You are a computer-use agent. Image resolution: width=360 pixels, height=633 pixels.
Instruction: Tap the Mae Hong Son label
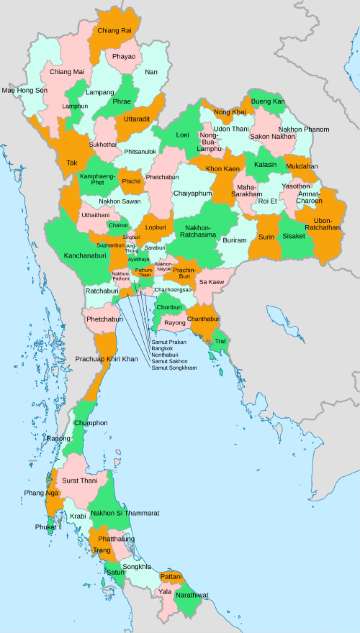(x=24, y=91)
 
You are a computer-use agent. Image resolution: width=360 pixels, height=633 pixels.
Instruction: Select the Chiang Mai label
(x=66, y=72)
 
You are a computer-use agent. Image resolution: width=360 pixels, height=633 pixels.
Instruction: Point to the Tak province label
(x=71, y=162)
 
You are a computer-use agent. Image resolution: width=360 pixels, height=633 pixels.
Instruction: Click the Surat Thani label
(x=80, y=481)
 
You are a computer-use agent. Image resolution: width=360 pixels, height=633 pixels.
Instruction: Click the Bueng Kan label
(x=267, y=102)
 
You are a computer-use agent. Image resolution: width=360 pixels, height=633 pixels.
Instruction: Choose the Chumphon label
(x=91, y=423)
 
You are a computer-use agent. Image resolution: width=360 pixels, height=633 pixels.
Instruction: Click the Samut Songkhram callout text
(x=174, y=369)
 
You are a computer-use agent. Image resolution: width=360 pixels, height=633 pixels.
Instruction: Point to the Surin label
(x=266, y=238)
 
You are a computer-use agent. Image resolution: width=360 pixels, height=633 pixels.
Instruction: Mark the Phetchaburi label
(x=104, y=319)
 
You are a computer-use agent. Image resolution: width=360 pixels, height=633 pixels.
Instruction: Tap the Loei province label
(x=182, y=134)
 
